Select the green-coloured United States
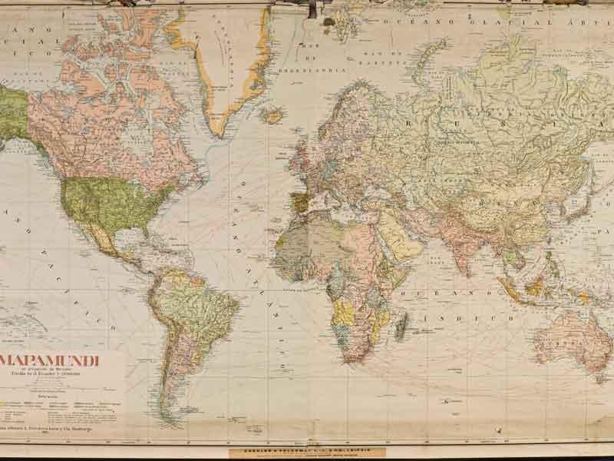104,204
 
